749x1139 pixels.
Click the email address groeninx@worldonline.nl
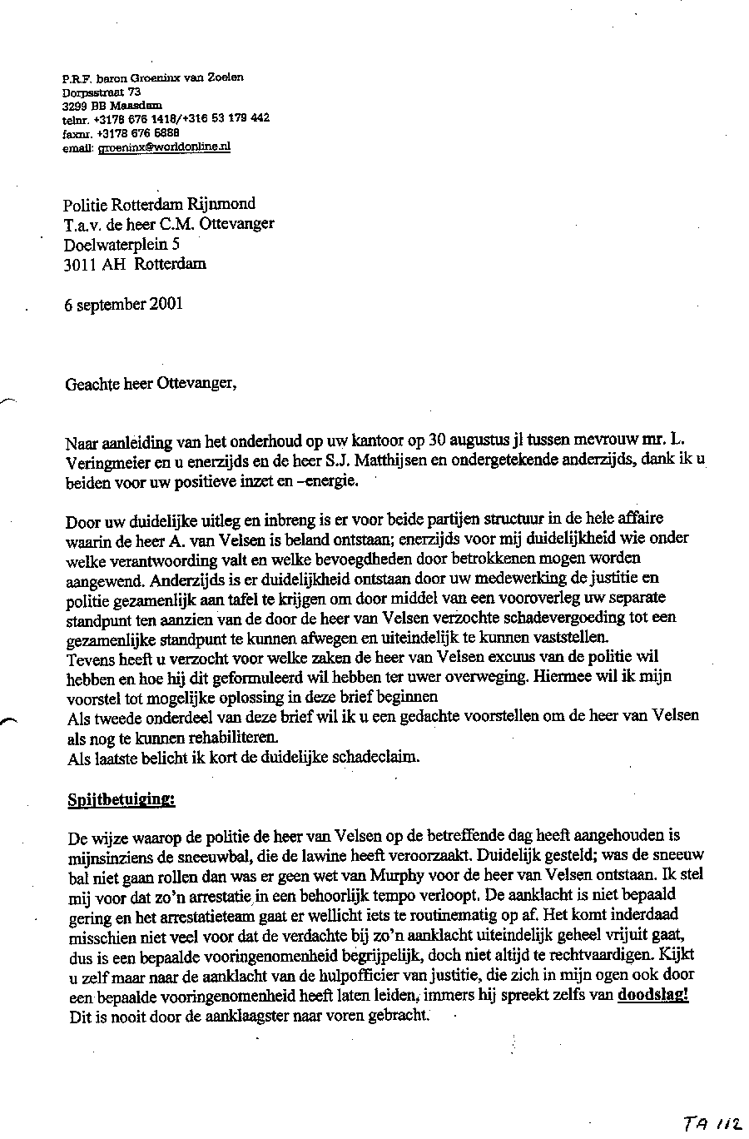tap(164, 147)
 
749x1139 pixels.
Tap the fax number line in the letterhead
tap(121, 132)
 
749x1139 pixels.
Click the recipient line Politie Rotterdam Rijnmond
tap(160, 204)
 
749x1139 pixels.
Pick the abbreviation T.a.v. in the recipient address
tap(81, 224)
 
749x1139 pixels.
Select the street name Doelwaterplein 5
tap(122, 244)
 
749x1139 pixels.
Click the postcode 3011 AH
tap(91, 264)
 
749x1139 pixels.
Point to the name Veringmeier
tap(99, 462)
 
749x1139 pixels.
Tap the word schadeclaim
tap(379, 757)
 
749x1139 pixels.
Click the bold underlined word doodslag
tap(653, 994)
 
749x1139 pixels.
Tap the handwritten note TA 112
tap(712, 1123)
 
